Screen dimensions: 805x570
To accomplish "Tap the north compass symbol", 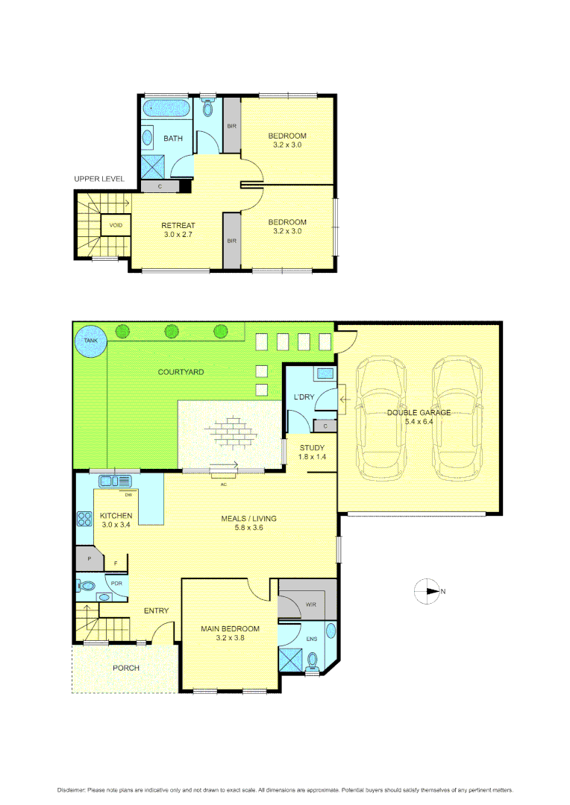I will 428,591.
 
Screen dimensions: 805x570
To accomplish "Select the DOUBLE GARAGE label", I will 419,412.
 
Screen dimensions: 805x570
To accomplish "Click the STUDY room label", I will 312,447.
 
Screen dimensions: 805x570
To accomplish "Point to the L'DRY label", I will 304,397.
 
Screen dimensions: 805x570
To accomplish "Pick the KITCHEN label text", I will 116,516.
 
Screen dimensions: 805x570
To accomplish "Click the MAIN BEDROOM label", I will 230,628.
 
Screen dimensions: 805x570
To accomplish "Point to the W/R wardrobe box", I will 310,604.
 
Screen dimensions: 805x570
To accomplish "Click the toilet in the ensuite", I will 312,660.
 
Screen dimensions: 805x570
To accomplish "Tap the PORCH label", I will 126,668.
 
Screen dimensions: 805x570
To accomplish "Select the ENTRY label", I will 156,611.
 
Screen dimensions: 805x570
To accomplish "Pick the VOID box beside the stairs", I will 116,225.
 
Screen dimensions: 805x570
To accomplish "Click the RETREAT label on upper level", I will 178,225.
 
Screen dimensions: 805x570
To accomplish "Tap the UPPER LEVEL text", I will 99,179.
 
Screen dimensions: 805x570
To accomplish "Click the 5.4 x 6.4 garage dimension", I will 418,422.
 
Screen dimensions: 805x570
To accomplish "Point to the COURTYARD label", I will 181,371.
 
